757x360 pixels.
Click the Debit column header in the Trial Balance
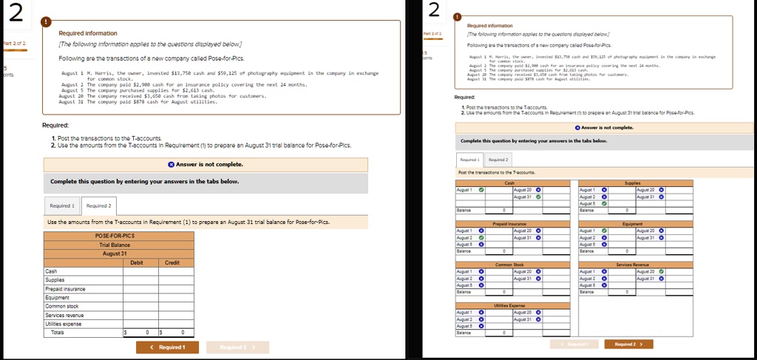point(137,262)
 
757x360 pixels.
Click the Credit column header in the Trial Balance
point(172,262)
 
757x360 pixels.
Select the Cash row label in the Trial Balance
point(52,271)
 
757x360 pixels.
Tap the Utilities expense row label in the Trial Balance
point(66,324)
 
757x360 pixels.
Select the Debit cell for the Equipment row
point(137,298)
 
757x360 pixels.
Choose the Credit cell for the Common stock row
point(172,307)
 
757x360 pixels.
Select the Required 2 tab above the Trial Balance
point(99,206)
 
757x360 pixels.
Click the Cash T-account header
point(509,182)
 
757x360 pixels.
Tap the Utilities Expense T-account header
point(509,305)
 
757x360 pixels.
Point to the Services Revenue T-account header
point(632,264)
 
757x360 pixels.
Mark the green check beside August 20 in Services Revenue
point(661,271)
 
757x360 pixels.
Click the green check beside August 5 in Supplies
point(604,203)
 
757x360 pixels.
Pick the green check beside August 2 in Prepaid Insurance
point(481,237)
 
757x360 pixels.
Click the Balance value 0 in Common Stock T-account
point(504,292)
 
